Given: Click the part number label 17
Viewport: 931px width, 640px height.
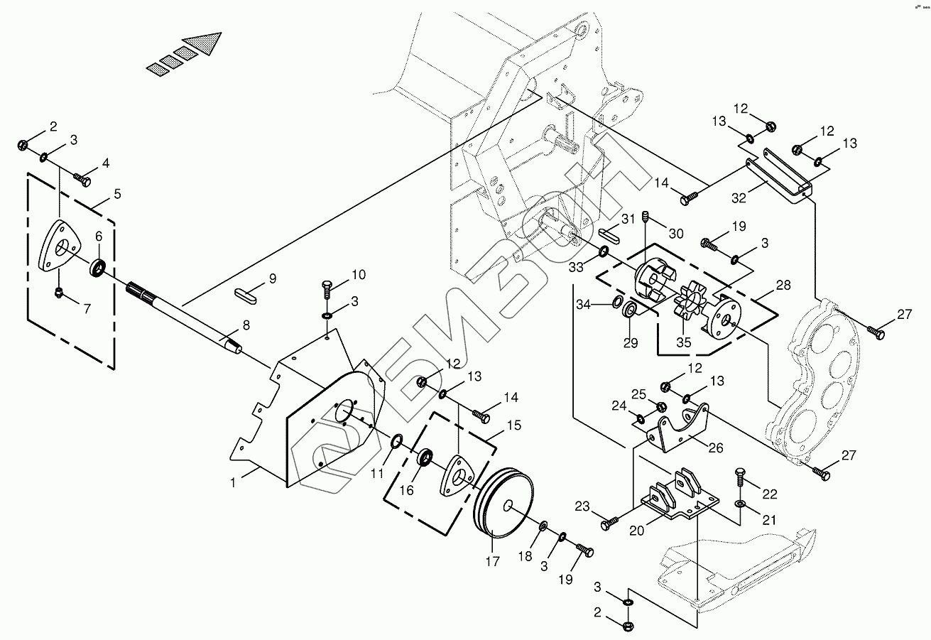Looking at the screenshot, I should [x=492, y=561].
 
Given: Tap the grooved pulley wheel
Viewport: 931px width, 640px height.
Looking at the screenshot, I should [x=505, y=504].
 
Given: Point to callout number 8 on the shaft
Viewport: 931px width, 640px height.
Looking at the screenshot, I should [x=246, y=325].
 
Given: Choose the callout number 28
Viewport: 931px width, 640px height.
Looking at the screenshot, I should [x=783, y=286].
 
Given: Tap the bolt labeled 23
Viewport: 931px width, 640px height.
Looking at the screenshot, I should [x=609, y=524].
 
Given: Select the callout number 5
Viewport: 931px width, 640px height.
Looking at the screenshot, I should [x=116, y=193].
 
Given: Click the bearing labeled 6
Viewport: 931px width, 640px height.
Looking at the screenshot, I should [x=98, y=269].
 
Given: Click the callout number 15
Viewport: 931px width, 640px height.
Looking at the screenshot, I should [x=513, y=426].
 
